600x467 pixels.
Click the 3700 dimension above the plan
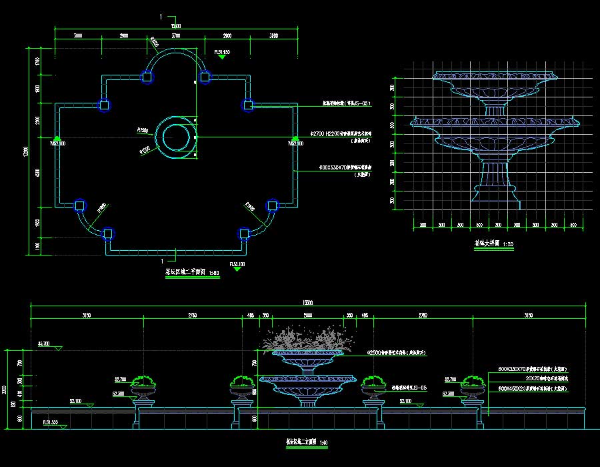pos(175,35)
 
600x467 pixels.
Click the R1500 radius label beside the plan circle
pos(142,129)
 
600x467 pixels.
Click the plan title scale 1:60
pos(213,272)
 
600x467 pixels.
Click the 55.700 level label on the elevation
pos(44,343)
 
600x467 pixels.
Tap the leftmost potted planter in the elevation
pos(144,386)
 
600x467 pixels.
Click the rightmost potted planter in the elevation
pos(474,386)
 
